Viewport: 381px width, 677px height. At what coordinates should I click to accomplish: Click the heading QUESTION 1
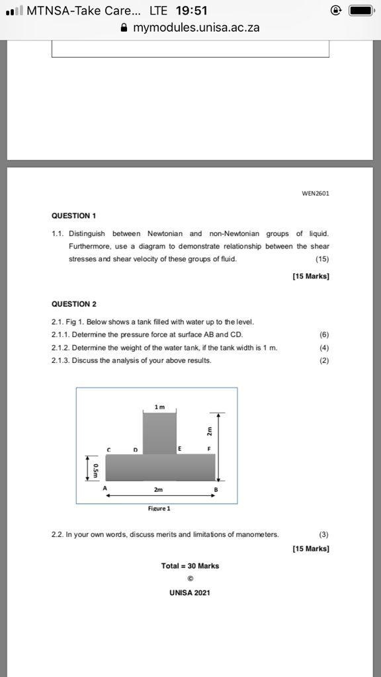pyautogui.click(x=74, y=216)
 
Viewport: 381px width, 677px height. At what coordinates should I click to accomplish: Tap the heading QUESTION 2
pyautogui.click(x=74, y=304)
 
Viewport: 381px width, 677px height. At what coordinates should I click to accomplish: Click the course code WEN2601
pyautogui.click(x=316, y=194)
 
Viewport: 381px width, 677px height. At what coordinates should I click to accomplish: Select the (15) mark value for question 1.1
pyautogui.click(x=322, y=259)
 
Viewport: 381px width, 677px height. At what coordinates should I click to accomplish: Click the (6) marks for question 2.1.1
pyautogui.click(x=324, y=335)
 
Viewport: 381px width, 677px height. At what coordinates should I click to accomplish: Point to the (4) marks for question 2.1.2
pyautogui.click(x=324, y=348)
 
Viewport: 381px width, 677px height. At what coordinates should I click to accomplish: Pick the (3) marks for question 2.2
pyautogui.click(x=323, y=534)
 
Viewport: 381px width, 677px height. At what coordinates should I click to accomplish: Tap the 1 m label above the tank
pyautogui.click(x=159, y=407)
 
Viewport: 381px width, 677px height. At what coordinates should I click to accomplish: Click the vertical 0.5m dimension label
pyautogui.click(x=97, y=469)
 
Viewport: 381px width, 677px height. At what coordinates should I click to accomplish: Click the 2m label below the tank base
pyautogui.click(x=158, y=490)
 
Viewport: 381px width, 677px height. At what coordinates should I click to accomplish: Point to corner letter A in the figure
pyautogui.click(x=105, y=489)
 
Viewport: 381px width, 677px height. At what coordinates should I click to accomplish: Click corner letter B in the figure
pyautogui.click(x=215, y=489)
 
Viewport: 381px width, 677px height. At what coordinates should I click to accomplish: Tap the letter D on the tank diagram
pyautogui.click(x=136, y=450)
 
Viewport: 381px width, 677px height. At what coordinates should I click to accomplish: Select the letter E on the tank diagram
pyautogui.click(x=179, y=449)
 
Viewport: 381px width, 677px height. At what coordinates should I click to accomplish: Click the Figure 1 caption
pyautogui.click(x=159, y=508)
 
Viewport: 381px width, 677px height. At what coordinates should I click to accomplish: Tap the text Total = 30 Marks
pyautogui.click(x=190, y=566)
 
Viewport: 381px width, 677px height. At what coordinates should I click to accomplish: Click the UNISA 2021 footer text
pyautogui.click(x=190, y=592)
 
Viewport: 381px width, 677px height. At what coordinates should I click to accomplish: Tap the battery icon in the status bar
pyautogui.click(x=362, y=11)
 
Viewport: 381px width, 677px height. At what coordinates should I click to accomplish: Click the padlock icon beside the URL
pyautogui.click(x=124, y=28)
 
